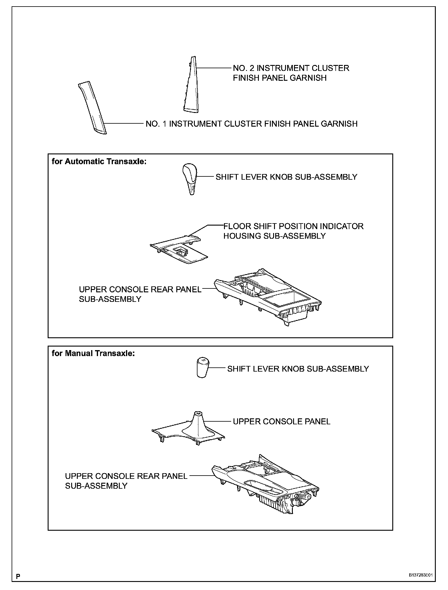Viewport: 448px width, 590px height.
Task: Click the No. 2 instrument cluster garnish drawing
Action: [190, 86]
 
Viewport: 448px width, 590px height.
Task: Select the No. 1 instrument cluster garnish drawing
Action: [92, 109]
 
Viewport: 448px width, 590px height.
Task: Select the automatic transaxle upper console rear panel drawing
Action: [268, 298]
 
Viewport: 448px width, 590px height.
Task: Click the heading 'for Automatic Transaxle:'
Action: [99, 162]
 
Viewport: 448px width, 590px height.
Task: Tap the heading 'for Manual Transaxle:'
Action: [93, 353]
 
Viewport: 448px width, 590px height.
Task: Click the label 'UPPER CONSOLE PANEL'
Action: [281, 422]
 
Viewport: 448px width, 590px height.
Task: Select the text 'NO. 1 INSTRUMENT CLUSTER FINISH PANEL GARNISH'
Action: [251, 124]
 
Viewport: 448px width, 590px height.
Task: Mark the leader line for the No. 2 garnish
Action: [214, 68]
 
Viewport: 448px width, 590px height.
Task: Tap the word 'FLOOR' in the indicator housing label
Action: [237, 226]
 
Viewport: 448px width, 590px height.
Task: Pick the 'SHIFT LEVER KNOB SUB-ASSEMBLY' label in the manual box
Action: [298, 369]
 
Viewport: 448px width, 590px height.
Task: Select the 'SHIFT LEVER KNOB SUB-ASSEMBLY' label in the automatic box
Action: [286, 177]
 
